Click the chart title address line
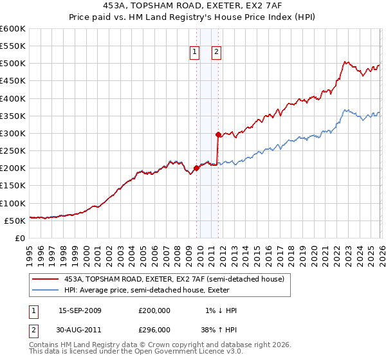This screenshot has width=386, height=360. click(192, 5)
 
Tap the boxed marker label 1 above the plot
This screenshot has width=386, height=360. click(195, 53)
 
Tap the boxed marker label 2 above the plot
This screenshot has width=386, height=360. click(216, 53)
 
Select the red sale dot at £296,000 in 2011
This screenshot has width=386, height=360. click(218, 135)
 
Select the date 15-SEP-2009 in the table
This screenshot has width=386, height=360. click(80, 310)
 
